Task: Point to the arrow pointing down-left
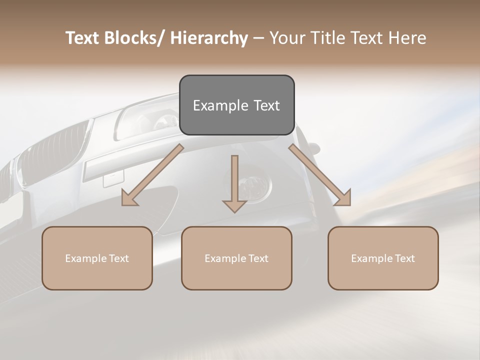tap(152, 175)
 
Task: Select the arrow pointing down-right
tap(320, 175)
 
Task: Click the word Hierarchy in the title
tap(209, 38)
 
